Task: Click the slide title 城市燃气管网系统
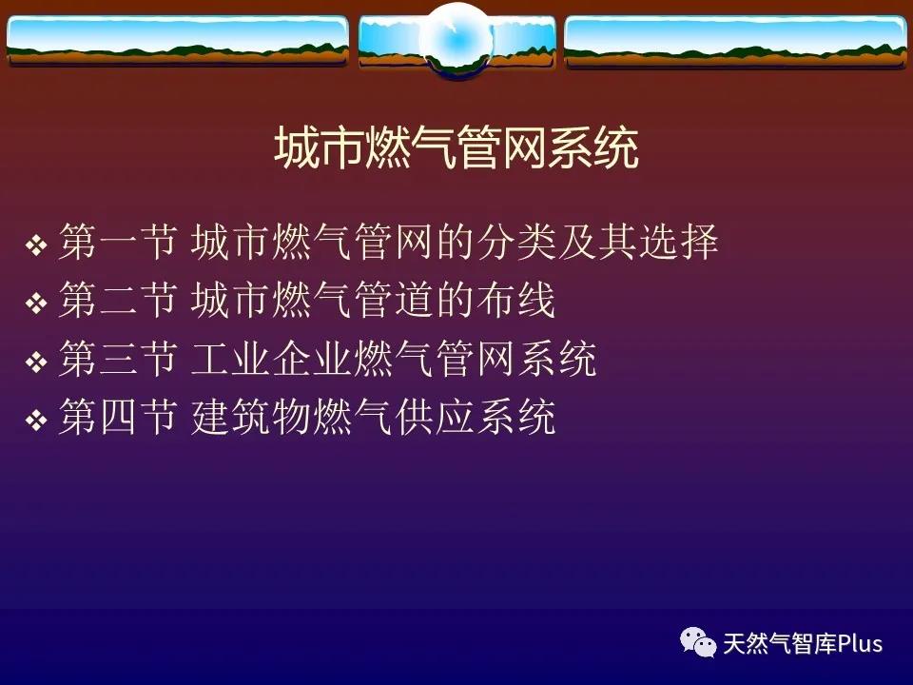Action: click(456, 148)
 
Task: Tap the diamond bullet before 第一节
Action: click(36, 245)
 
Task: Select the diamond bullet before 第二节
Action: click(36, 303)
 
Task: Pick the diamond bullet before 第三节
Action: click(36, 362)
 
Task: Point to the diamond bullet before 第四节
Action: click(36, 420)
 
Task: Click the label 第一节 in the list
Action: click(118, 242)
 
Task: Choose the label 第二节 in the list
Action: click(118, 300)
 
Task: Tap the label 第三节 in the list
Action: click(118, 359)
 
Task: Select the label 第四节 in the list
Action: click(118, 417)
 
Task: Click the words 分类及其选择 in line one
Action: click(597, 242)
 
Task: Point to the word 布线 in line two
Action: click(515, 300)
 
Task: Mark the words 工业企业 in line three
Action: click(271, 359)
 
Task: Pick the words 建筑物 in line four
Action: click(251, 417)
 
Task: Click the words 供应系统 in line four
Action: click(476, 417)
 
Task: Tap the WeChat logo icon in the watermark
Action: click(698, 642)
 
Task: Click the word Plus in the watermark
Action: click(860, 644)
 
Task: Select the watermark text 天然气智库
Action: click(780, 644)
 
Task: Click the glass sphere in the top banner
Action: click(457, 40)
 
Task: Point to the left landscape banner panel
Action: click(178, 41)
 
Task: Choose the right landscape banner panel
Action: click(735, 41)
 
